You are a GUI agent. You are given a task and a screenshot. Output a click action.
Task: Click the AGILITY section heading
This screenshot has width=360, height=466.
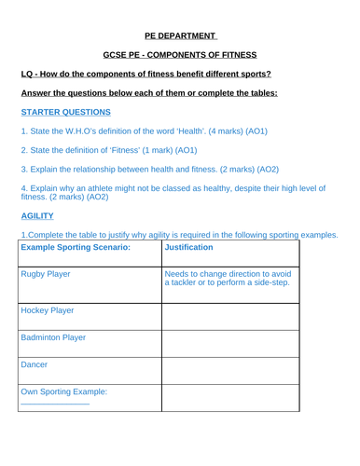(x=39, y=215)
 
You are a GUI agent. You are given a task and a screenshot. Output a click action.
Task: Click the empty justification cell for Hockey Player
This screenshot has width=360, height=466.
(x=229, y=316)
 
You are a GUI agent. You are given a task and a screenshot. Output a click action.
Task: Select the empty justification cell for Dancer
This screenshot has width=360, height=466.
(x=229, y=370)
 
